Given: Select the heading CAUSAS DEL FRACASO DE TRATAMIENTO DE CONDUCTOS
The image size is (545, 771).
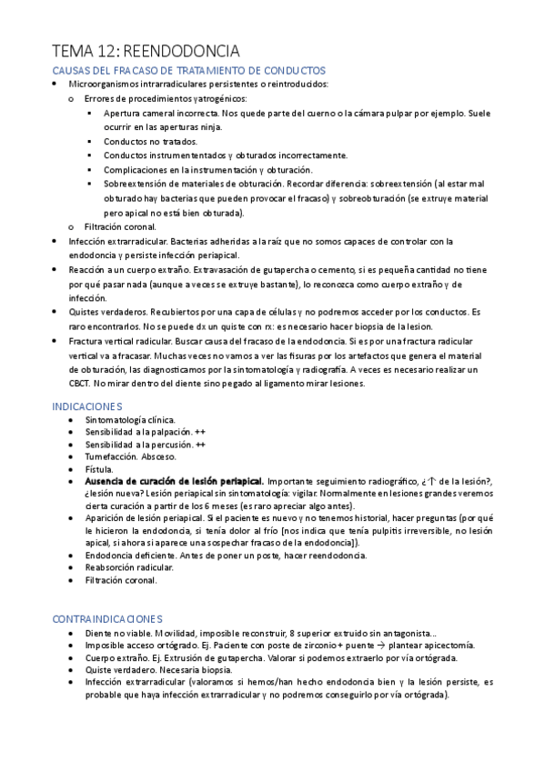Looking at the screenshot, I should (188, 71).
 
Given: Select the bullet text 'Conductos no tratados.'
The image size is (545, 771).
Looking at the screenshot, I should (149, 142).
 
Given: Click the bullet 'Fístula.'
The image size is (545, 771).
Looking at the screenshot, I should (100, 469).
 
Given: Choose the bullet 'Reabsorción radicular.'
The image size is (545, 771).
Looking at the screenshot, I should (129, 566).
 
